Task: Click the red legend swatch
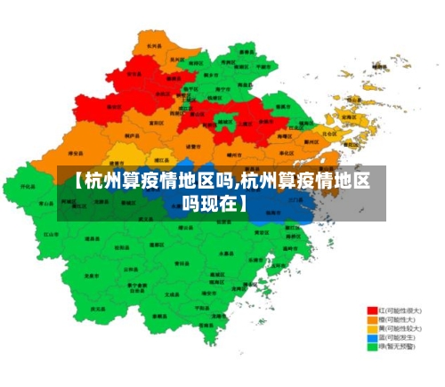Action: [x=372, y=311]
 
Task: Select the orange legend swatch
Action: [x=372, y=320]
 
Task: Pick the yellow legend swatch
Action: [x=372, y=329]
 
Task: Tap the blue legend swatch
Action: [x=372, y=338]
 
